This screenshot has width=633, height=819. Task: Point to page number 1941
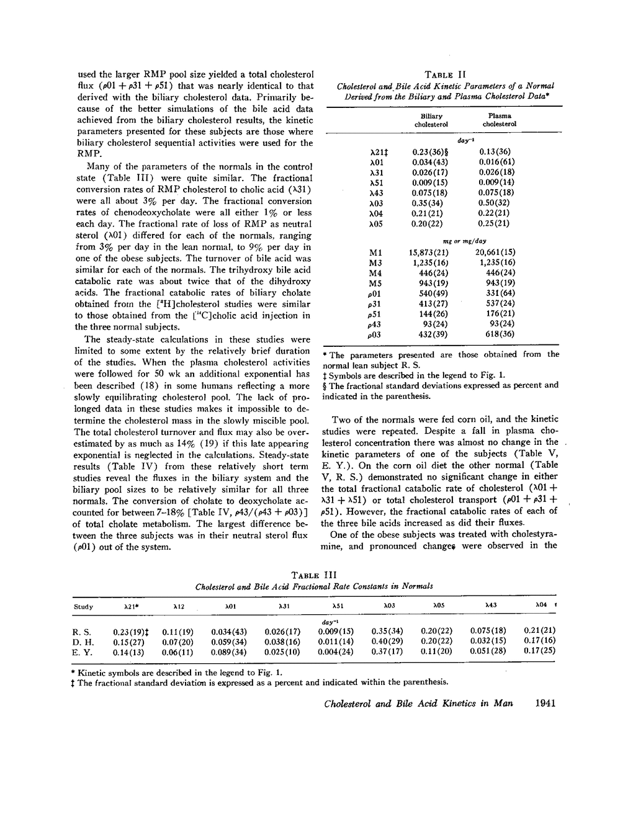click(x=544, y=703)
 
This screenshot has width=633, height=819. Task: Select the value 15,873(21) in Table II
click(x=428, y=253)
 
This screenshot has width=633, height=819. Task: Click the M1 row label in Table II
click(x=375, y=253)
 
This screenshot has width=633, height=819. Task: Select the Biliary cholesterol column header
click(x=431, y=120)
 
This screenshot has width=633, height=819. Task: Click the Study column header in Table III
click(x=83, y=606)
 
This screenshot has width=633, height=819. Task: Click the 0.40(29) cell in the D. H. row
click(x=387, y=641)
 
